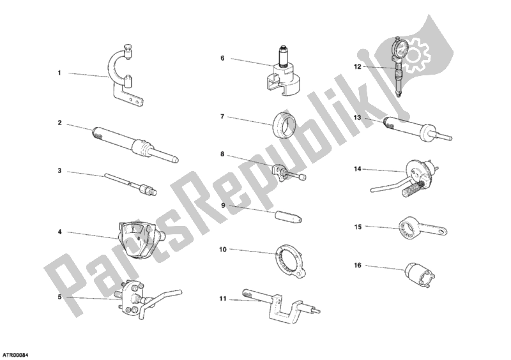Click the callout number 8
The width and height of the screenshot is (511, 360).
(x=222, y=154)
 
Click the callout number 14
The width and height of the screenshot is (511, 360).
(x=358, y=170)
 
